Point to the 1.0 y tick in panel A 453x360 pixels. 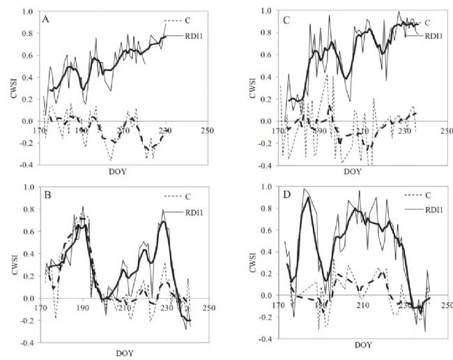pos(31,12)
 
